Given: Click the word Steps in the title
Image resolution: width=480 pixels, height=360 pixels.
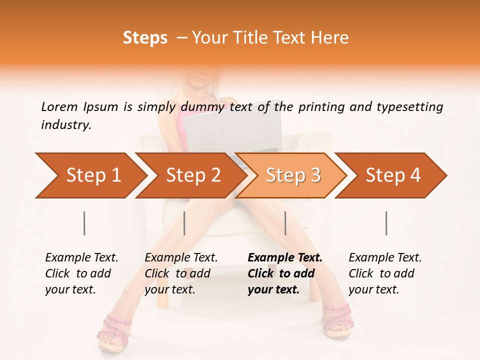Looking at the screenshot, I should click(x=145, y=38).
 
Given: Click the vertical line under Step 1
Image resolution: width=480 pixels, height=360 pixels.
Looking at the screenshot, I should click(x=84, y=223).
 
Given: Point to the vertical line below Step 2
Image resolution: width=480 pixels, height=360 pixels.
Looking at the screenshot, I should click(x=184, y=223).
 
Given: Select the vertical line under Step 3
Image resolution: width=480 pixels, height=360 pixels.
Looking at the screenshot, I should click(x=285, y=223).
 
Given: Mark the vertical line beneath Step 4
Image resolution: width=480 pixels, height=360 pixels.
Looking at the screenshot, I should click(x=386, y=223).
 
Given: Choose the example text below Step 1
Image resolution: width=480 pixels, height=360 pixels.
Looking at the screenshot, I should click(x=81, y=273).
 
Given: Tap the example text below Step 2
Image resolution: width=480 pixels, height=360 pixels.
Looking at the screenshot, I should click(x=181, y=273).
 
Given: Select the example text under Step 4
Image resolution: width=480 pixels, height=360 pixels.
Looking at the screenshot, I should click(x=385, y=273).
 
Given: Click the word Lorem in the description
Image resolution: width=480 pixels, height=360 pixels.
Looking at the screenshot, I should click(x=59, y=106).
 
